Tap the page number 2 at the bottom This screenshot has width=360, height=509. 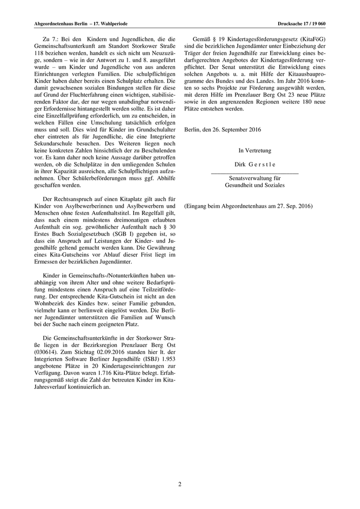(180, 484)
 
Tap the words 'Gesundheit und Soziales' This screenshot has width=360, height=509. (254, 185)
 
